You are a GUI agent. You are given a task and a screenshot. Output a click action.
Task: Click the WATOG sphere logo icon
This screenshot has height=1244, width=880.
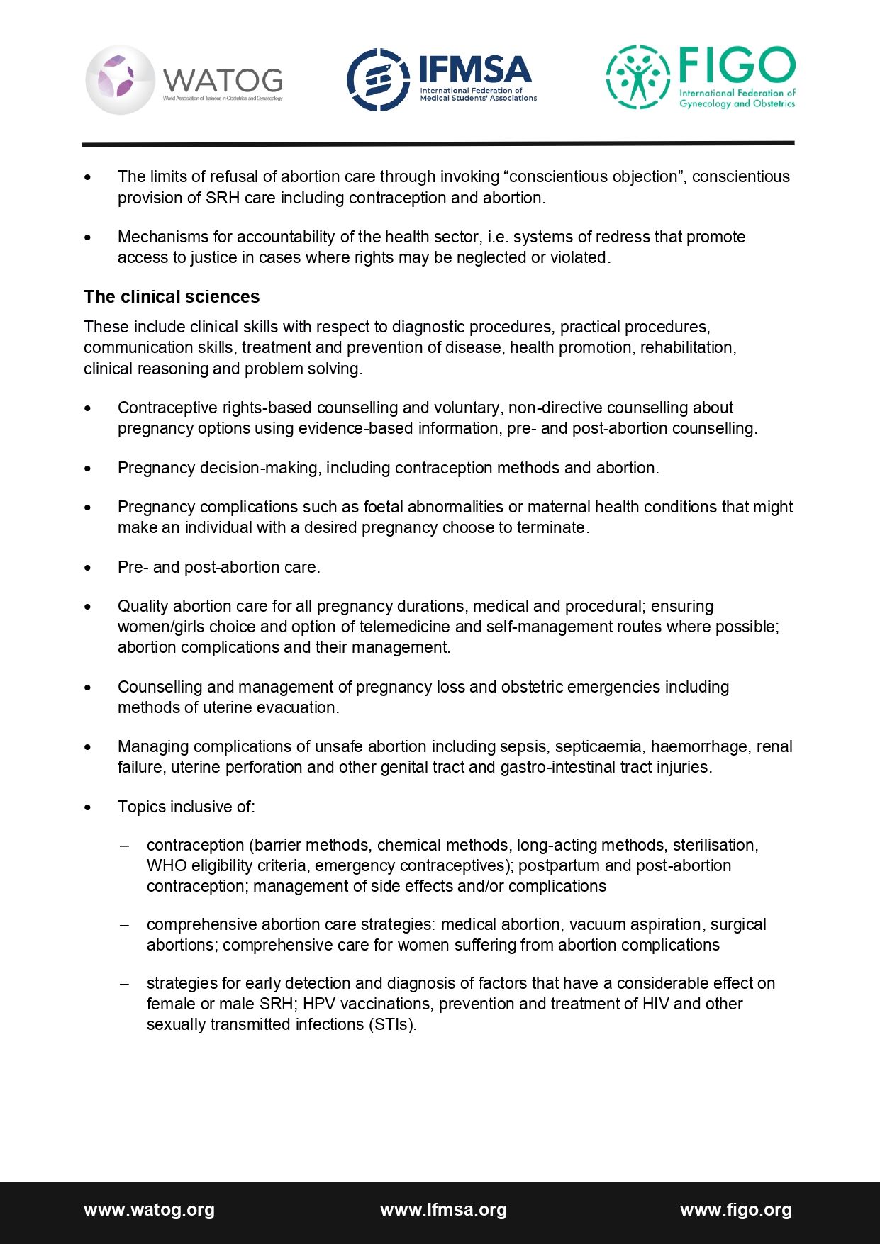point(120,80)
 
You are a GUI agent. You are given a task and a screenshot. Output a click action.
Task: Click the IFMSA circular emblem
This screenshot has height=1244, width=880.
point(377,80)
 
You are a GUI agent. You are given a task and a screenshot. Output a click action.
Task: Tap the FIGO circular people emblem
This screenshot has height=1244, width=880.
point(637,77)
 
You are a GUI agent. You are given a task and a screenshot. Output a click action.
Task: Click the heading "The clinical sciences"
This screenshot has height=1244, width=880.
point(172,296)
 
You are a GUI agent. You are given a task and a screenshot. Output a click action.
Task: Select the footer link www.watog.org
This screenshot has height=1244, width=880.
point(149,1210)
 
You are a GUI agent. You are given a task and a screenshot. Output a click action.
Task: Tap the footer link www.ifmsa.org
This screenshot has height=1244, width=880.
point(443,1210)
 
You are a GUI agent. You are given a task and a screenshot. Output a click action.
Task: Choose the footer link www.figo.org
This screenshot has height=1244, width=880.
point(735,1210)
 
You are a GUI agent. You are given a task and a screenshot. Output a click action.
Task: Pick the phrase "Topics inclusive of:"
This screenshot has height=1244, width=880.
point(186,807)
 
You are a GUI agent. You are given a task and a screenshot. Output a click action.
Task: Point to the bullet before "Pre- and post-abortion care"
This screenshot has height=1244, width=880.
point(88,568)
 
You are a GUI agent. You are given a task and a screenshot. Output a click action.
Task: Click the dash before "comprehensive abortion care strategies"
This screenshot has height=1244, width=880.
point(125,924)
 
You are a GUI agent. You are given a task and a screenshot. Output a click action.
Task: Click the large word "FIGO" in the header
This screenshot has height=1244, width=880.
point(737,65)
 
